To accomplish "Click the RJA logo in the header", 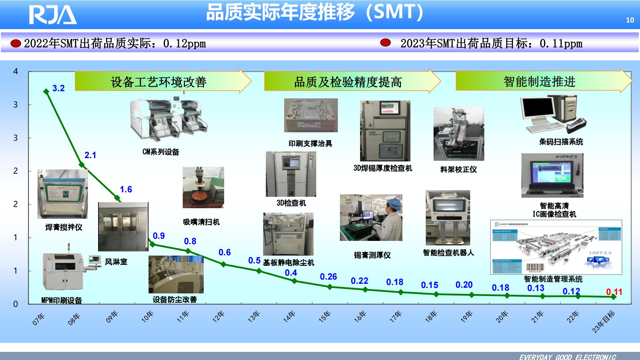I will click(53, 15).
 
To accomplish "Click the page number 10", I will click(630, 20).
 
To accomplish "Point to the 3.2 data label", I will click(59, 88).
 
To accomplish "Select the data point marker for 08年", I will click(82, 164).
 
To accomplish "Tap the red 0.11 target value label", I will click(614, 292).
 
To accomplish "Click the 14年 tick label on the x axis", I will click(289, 317).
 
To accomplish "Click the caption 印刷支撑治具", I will click(310, 144).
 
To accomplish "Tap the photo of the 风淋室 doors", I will click(123, 226).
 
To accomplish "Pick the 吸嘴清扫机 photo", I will click(203, 187).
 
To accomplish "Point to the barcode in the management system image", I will click(535, 267).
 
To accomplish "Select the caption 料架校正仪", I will click(458, 169).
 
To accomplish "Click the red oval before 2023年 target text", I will click(386, 43).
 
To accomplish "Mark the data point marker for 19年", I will click(472, 295).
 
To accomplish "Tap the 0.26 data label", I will click(328, 277).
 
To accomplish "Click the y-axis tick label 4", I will click(16, 71).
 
